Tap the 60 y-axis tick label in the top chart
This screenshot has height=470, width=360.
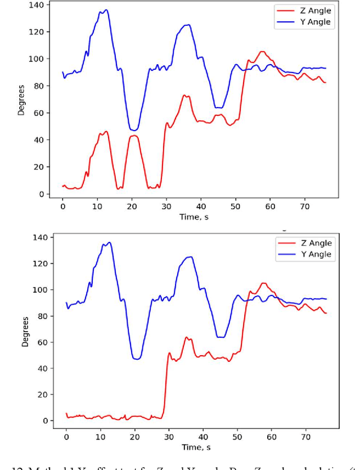(40, 113)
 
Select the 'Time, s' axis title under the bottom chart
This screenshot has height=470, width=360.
(197, 447)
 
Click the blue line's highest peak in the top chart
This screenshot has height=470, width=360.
(105, 10)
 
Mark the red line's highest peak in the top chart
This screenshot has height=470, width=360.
(262, 52)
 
